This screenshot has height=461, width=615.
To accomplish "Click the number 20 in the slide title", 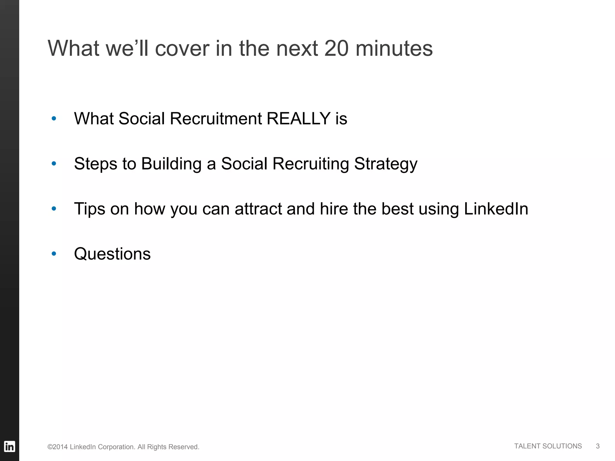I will (x=336, y=48).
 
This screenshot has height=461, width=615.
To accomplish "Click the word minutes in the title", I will (x=394, y=48).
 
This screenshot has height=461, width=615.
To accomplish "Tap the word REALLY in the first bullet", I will (x=298, y=119).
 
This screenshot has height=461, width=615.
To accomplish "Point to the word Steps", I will (x=95, y=164).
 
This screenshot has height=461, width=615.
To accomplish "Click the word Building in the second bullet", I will (x=171, y=164).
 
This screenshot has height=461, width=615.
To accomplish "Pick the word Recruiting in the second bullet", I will (x=311, y=164).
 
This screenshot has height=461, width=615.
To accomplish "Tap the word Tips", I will (x=89, y=209).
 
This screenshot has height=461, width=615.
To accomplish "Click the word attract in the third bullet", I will (x=258, y=209).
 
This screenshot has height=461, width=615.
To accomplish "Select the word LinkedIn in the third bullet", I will (x=496, y=209).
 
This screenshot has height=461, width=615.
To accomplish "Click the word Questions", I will (x=112, y=254).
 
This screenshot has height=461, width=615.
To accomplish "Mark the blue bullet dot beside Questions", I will (x=54, y=254).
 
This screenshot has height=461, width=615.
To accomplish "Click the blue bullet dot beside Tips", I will (x=54, y=209).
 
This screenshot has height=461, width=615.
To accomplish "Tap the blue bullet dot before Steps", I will (x=54, y=164).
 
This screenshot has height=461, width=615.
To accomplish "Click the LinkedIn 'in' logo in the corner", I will (x=10, y=447).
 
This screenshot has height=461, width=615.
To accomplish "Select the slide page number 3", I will (x=598, y=446).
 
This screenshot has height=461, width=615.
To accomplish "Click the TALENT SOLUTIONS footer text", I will (x=548, y=446).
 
